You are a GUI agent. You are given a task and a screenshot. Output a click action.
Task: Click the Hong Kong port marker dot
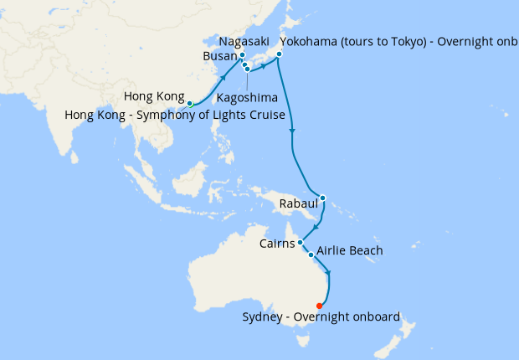(x=190, y=103)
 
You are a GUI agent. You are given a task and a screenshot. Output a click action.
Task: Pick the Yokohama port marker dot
(x=279, y=55)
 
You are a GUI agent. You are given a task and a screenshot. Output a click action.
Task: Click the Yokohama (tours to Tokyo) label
(x=393, y=42)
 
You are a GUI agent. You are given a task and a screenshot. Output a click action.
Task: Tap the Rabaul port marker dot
(x=322, y=198)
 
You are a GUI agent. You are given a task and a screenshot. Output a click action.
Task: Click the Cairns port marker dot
(x=300, y=243)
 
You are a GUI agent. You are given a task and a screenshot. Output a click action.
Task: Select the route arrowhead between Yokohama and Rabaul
(x=293, y=131)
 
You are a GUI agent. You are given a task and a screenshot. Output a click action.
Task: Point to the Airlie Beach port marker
(x=311, y=255)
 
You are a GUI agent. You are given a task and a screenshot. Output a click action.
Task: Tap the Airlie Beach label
(x=350, y=251)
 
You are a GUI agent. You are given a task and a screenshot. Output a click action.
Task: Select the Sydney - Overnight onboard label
(x=321, y=316)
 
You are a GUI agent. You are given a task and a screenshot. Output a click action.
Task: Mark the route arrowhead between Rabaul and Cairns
(x=315, y=226)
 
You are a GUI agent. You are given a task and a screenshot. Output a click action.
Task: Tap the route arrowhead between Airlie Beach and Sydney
(x=328, y=273)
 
